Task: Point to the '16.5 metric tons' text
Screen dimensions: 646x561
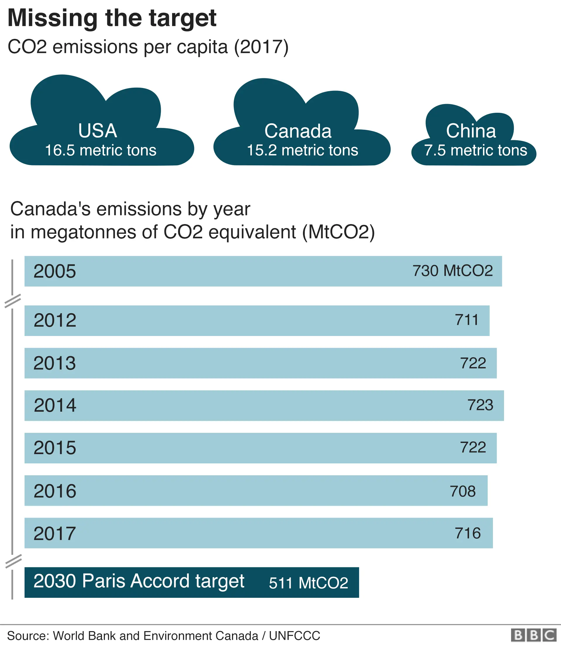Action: coord(101,150)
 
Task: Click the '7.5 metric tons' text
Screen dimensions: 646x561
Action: coord(475,150)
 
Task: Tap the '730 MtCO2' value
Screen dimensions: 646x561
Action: coord(452,271)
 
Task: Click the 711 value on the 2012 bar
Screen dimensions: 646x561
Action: coord(466,320)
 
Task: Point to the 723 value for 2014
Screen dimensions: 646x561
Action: coord(480,405)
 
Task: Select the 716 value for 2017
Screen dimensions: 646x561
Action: coord(467,533)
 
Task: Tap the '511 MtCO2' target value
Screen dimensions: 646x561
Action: coord(308,583)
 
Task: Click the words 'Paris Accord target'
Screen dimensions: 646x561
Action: coord(163,581)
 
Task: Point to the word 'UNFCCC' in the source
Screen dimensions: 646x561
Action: coord(294,636)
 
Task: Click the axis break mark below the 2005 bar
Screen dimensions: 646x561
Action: coord(13,301)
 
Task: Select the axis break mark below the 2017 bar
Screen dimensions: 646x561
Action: coord(13,561)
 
